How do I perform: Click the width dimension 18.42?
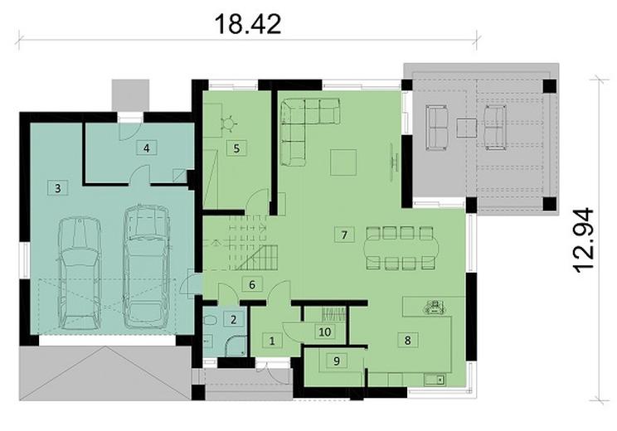coord(248,23)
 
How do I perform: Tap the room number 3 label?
coord(57,188)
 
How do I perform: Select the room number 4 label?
coord(146,148)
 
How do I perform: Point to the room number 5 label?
coord(236,149)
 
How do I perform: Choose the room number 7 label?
coord(342,234)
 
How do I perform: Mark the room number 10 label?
coord(325,332)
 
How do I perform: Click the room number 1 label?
coord(271,340)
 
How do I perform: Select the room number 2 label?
coord(234,319)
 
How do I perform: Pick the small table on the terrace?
coord(467,128)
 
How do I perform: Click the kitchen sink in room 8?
coord(433,380)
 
